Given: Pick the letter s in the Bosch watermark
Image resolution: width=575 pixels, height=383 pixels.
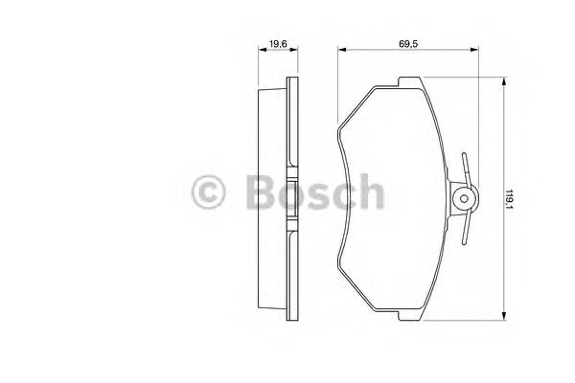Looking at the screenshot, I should coord(316,195).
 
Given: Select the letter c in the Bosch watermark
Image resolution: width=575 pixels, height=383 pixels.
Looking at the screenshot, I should coord(342,195).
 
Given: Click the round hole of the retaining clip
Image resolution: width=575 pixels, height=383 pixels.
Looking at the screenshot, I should coord(465,200).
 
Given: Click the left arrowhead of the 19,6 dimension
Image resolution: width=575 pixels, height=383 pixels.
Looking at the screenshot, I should coord(259,54).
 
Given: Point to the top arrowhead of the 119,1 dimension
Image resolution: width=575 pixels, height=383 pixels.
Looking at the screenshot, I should coord(505,85).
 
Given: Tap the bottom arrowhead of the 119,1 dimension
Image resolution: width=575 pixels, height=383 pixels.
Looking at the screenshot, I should coord(505,317).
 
